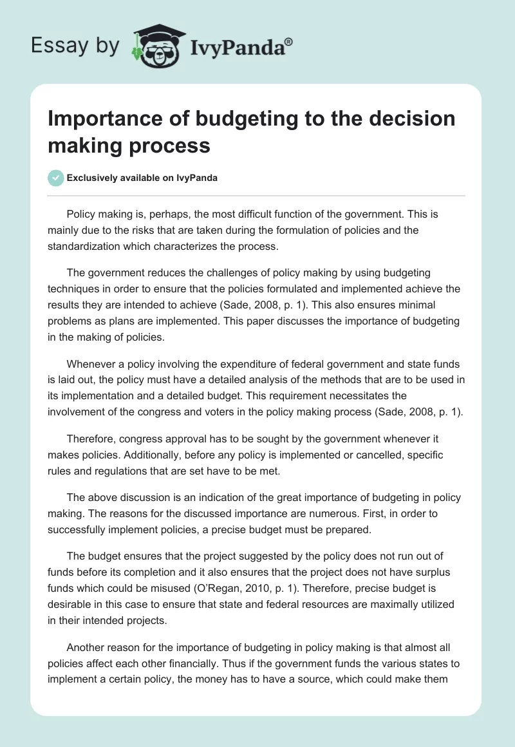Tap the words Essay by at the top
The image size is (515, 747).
click(75, 46)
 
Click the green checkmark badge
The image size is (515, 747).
click(56, 178)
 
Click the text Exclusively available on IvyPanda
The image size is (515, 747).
click(142, 178)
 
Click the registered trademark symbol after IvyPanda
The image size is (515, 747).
click(288, 41)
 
